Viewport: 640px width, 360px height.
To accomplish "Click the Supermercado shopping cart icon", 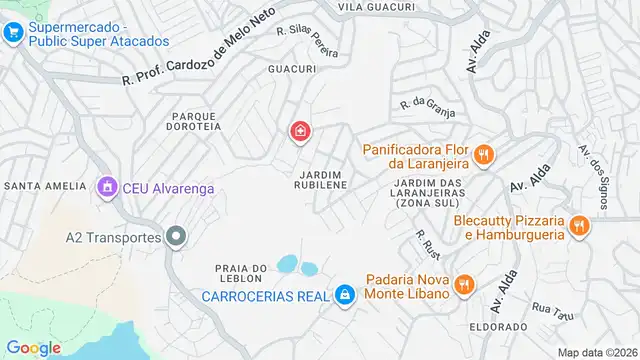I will coord(13,33).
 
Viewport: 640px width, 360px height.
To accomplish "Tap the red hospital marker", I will coord(299,131).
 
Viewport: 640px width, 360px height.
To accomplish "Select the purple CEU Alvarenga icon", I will coord(107,187).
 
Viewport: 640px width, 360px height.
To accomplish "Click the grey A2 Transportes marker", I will coord(176,237).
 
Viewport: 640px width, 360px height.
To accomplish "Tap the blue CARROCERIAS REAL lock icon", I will coord(344,295).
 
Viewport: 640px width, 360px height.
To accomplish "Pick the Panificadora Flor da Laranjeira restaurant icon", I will coord(484,154).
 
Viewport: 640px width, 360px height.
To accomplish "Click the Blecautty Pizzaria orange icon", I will coord(577,227).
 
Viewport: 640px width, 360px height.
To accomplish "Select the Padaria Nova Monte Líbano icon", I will coord(463,286).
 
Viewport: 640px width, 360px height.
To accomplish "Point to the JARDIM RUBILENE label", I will coord(320,180).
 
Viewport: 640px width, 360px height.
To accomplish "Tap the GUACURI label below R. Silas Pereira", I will coord(292,69).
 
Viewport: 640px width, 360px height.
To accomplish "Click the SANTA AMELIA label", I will coord(43,186).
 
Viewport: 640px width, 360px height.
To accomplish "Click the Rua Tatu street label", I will coord(553,312).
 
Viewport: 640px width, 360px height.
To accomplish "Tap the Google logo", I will coord(34,347).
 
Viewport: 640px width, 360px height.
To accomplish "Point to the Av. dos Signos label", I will coord(593,170).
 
